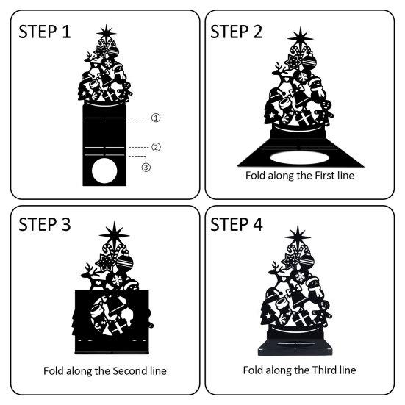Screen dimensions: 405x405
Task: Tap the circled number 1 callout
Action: (156, 117)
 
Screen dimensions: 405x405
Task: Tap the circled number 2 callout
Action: (156, 146)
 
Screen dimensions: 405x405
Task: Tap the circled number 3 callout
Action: (146, 168)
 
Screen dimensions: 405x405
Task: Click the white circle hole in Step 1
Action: (104, 172)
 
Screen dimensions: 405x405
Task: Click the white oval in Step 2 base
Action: (301, 157)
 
